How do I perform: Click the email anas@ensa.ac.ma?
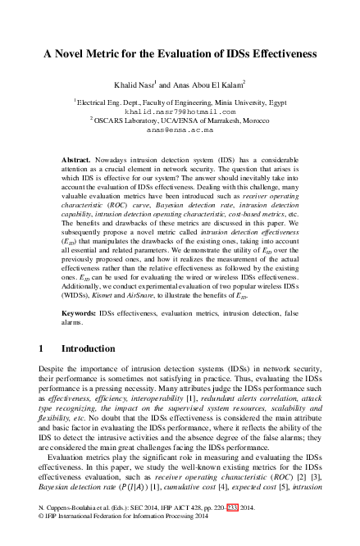click(180, 130)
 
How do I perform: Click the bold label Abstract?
click(76, 155)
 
